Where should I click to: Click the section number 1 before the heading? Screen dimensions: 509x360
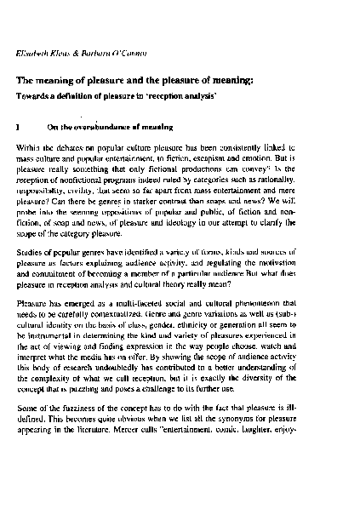[x=19, y=127]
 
